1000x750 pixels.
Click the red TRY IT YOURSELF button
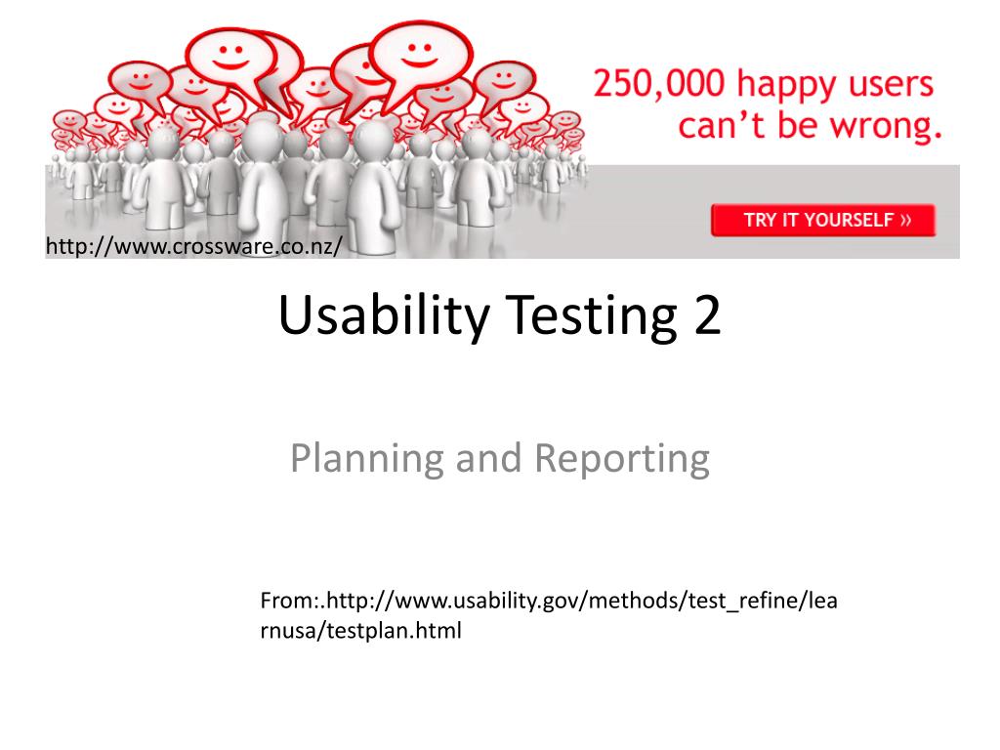[822, 220]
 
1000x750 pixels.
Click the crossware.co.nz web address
[194, 246]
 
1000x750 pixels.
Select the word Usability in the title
[384, 316]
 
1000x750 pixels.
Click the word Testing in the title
[591, 316]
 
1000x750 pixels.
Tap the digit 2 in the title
[707, 314]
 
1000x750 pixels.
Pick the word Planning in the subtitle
[367, 459]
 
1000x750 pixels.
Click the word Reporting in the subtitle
[622, 459]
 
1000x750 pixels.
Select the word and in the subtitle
[488, 458]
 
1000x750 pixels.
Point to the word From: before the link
[290, 601]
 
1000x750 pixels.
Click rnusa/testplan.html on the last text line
[361, 631]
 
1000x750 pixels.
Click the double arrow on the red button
[905, 220]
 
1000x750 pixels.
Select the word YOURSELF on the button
[849, 220]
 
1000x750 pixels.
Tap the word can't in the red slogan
[721, 125]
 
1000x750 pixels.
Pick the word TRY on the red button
[760, 220]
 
